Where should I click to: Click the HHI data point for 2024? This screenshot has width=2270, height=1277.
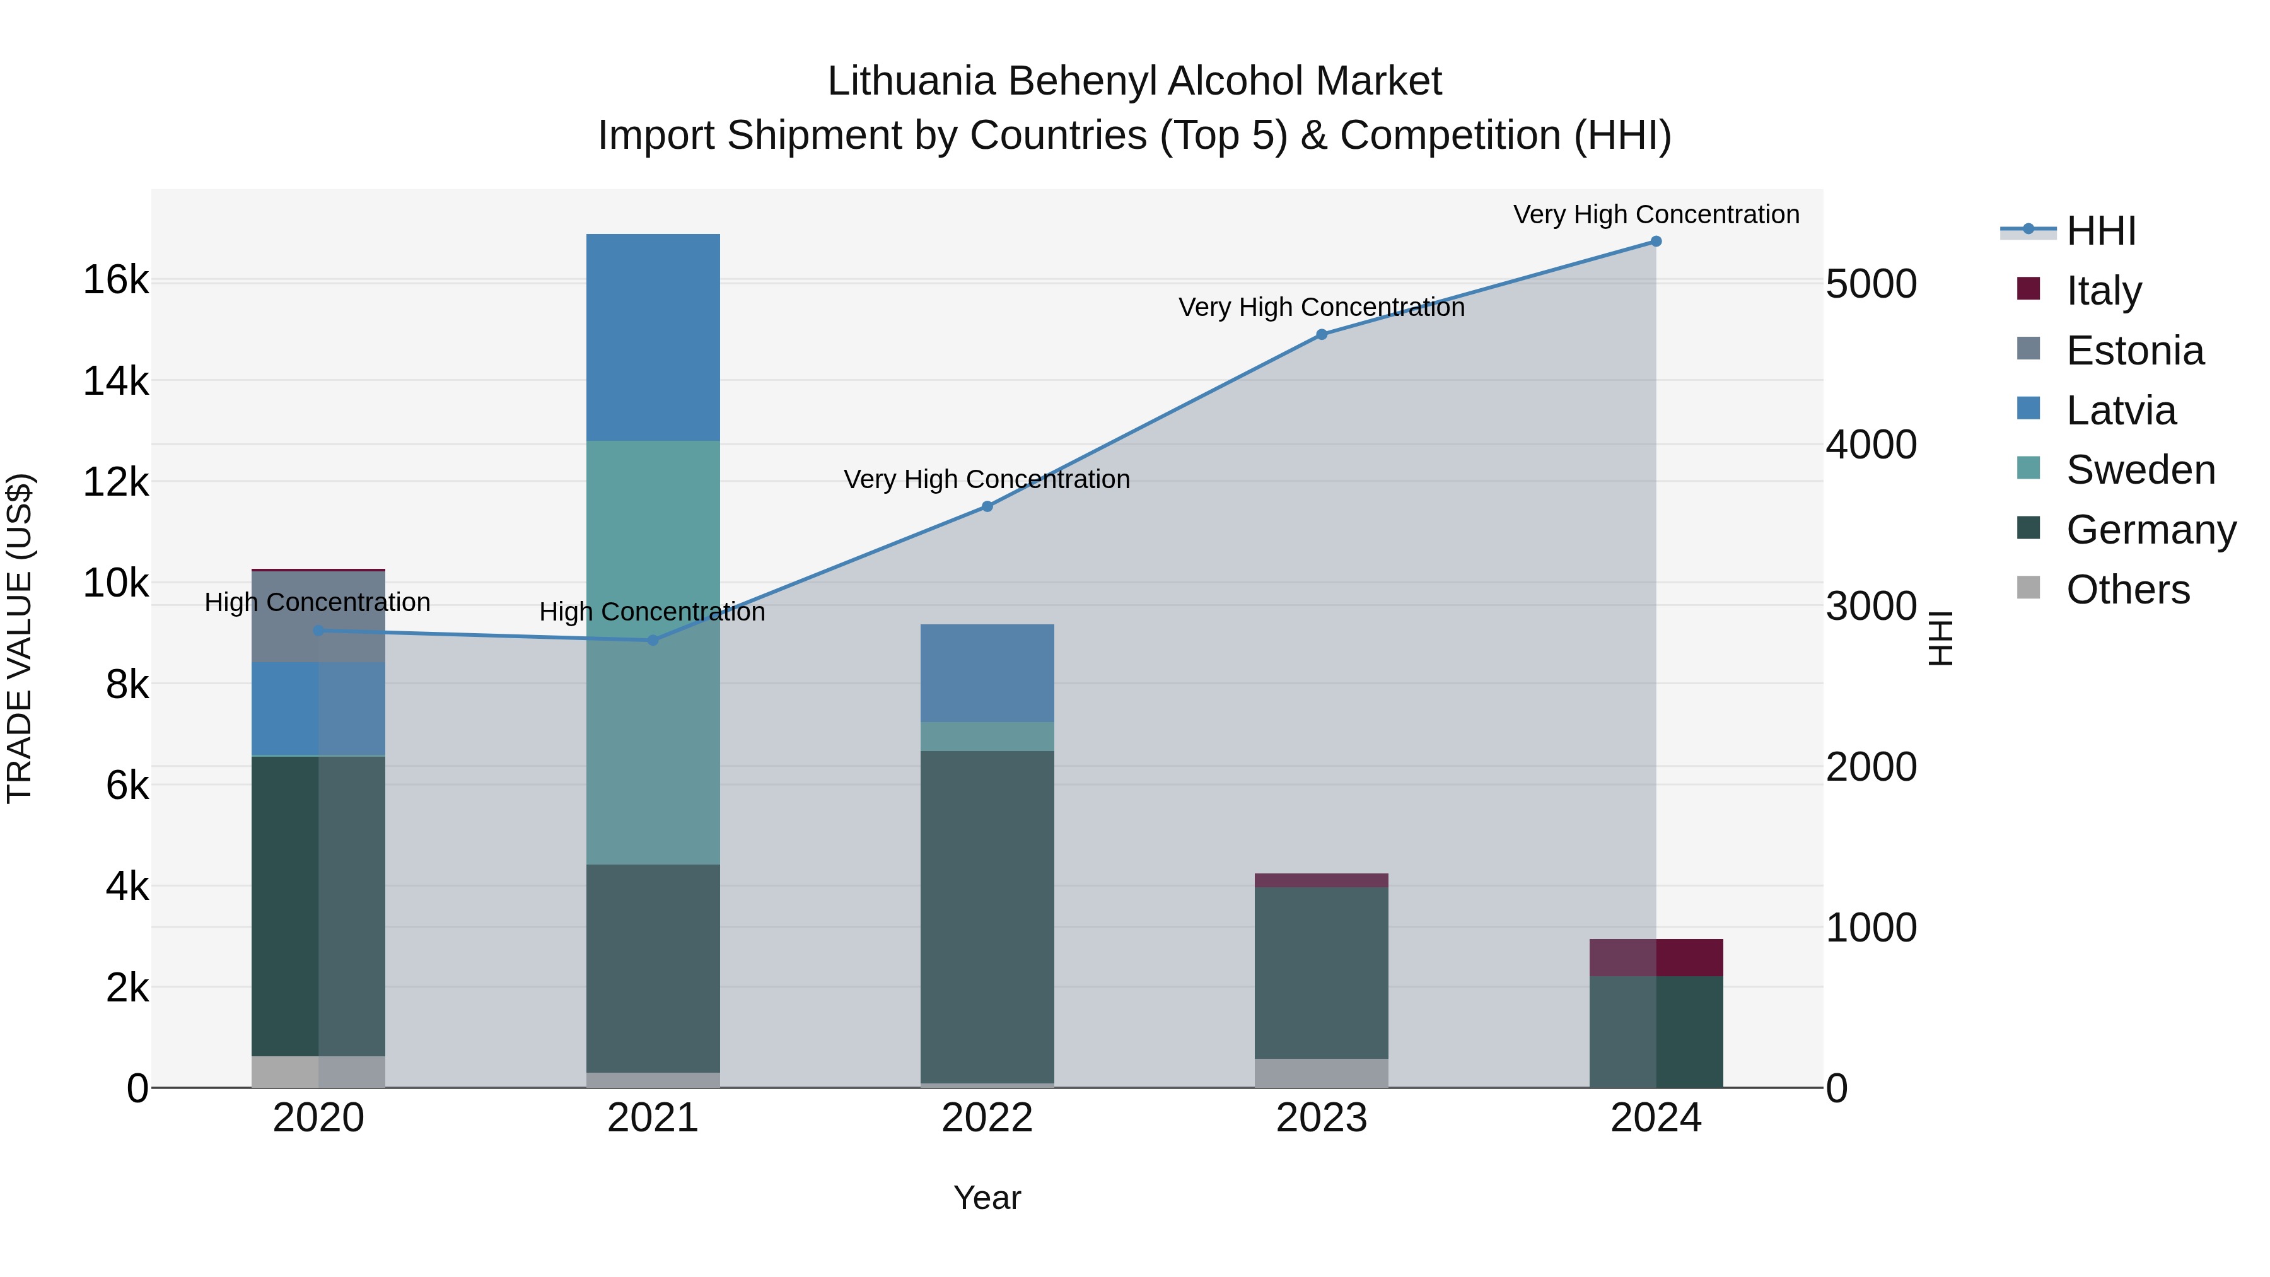coord(1656,242)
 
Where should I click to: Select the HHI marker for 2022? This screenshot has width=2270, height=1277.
coord(987,507)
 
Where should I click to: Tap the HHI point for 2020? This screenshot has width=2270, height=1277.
coord(318,631)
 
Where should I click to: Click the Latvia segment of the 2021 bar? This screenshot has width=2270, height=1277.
coord(653,337)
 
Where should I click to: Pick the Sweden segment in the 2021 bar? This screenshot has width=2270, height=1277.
coord(653,652)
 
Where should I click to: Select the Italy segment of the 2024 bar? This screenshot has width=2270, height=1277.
coord(1656,958)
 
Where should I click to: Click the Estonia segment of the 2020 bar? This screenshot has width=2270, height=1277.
coord(318,617)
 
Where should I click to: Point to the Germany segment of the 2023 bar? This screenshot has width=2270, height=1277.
coord(1321,973)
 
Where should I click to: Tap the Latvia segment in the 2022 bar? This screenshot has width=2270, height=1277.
coord(987,673)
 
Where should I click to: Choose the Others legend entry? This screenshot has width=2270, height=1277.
coord(2127,590)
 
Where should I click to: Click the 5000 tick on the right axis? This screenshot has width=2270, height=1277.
coord(1871,284)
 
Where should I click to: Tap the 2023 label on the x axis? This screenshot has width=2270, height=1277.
coord(1321,1118)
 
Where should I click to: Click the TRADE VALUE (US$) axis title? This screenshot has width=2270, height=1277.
coord(20,638)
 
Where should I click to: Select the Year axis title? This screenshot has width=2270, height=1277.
coord(987,1198)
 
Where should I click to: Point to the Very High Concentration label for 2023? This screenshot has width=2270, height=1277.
coord(1321,308)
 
